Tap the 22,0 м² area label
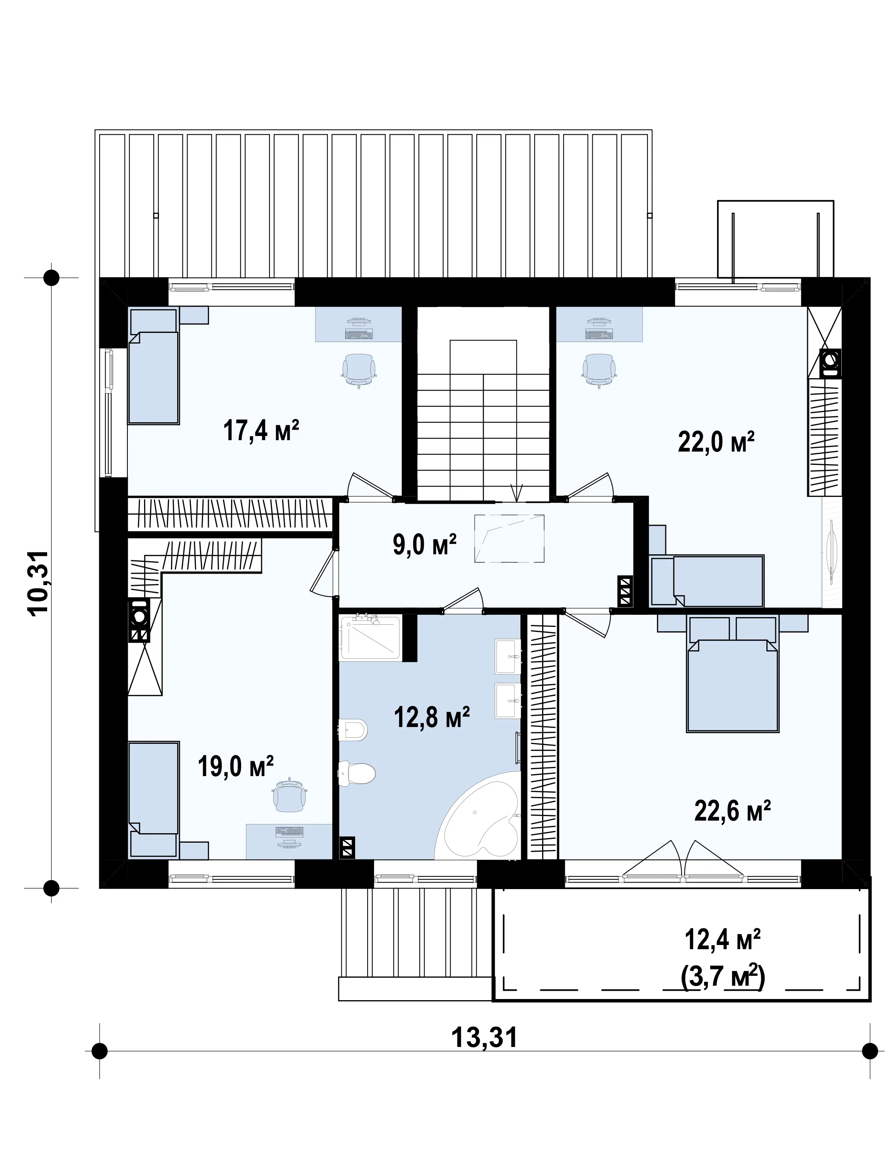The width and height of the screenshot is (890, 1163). [716, 442]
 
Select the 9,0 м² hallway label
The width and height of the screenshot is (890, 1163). [425, 544]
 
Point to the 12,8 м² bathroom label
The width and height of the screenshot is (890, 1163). [432, 718]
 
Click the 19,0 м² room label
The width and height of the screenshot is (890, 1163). [236, 767]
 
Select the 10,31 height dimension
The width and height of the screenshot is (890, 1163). [39, 582]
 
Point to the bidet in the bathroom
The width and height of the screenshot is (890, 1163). [353, 730]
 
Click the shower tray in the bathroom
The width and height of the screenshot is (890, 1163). [370, 638]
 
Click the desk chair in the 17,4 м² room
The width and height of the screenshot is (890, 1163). [359, 371]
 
